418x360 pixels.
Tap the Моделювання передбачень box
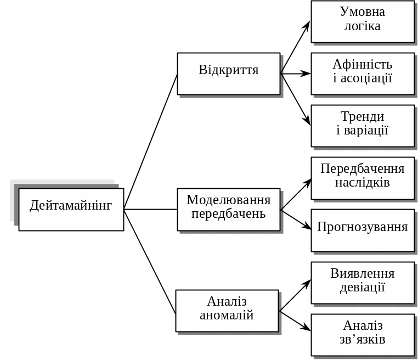(228, 209)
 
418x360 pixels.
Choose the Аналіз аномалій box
(227, 311)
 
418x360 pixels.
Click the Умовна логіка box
(363, 21)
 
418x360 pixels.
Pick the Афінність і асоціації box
(363, 74)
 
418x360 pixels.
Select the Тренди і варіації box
(363, 126)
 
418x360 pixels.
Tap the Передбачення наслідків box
(363, 178)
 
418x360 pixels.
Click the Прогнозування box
(363, 230)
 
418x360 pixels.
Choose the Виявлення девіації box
(363, 283)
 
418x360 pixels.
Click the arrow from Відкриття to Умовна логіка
(296, 47)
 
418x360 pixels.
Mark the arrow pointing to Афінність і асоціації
(296, 74)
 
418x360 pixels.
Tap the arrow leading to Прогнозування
(296, 220)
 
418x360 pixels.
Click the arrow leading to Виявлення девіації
(295, 296)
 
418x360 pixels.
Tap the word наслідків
(363, 183)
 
